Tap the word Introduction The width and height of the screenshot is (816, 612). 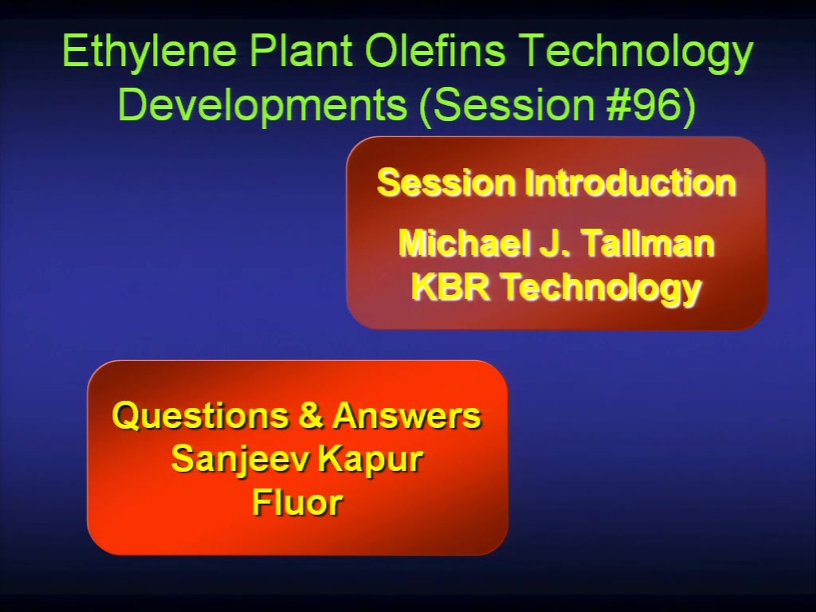pos(630,182)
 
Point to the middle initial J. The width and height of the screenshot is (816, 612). pos(552,244)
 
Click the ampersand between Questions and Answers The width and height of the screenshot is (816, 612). pos(310,415)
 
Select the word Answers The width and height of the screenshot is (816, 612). pos(406,415)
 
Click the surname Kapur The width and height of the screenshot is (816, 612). pos(371,460)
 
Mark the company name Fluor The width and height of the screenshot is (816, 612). pos(297,502)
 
